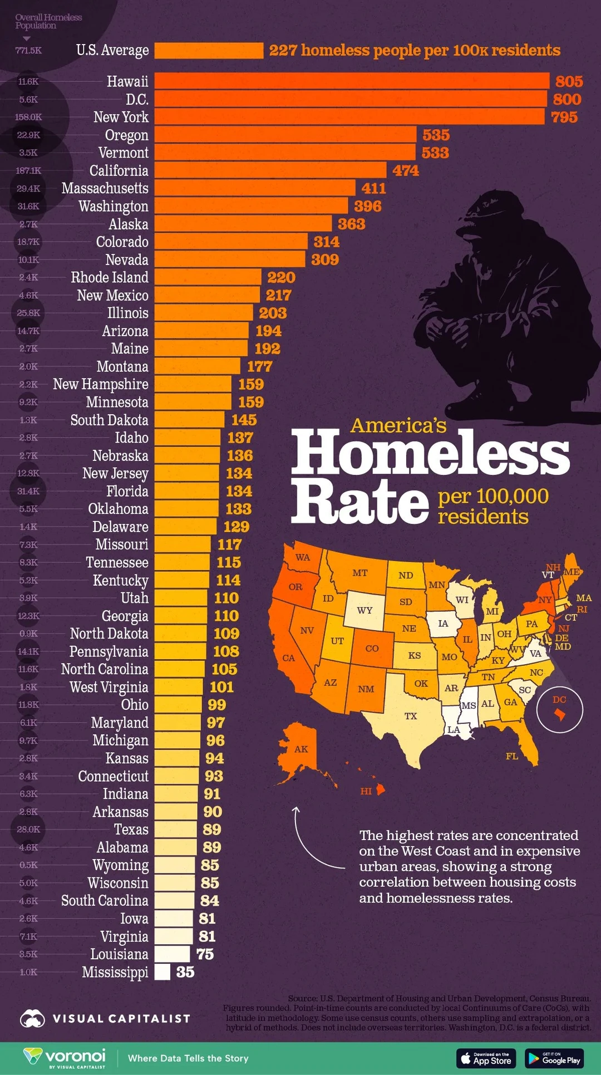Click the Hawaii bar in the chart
(x=352, y=81)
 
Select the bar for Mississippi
(x=162, y=972)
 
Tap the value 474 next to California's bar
(x=406, y=170)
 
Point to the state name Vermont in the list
(x=123, y=153)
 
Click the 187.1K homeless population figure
(x=28, y=170)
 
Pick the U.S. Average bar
(x=209, y=51)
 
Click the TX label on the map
(x=411, y=716)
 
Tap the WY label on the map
(x=364, y=610)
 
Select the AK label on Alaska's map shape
(x=301, y=749)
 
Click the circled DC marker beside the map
(x=560, y=710)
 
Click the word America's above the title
(x=398, y=426)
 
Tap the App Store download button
(x=486, y=1058)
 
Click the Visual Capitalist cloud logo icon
(x=32, y=1019)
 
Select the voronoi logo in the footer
(x=65, y=1058)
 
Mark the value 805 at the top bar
(x=569, y=81)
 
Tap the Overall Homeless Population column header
(x=48, y=21)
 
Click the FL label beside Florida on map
(x=512, y=756)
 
